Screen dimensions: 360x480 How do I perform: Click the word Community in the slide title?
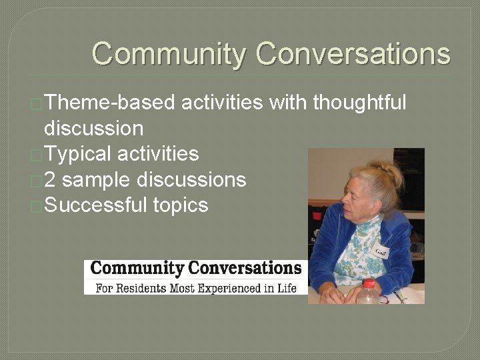169,53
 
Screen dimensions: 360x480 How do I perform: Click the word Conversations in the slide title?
353,53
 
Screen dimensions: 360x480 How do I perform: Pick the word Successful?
94,205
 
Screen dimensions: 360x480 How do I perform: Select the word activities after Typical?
157,154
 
